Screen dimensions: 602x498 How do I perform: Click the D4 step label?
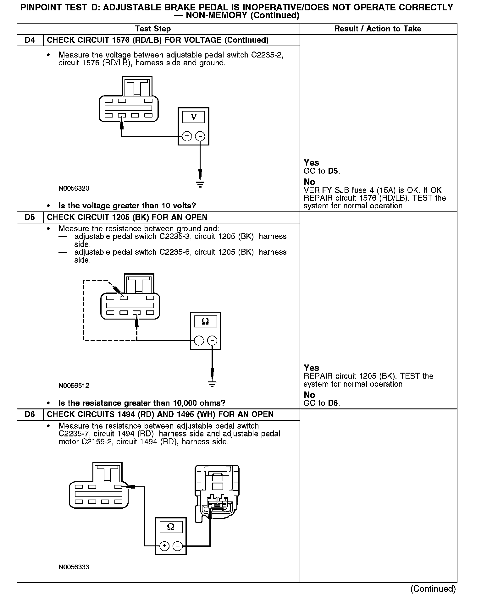[30, 40]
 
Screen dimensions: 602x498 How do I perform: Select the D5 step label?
[30, 217]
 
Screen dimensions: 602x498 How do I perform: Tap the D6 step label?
[30, 414]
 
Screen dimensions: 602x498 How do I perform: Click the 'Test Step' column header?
[153, 29]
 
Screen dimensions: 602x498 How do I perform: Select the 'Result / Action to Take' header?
[378, 29]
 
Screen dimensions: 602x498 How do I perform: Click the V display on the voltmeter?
[193, 117]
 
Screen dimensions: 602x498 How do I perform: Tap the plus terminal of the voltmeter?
[187, 136]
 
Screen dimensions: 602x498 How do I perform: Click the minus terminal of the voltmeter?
[200, 136]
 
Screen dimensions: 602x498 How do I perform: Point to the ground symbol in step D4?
[200, 184]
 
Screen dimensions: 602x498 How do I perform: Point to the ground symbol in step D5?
[212, 384]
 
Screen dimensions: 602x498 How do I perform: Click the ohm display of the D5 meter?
[205, 321]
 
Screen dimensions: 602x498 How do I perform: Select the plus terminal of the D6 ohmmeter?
[164, 546]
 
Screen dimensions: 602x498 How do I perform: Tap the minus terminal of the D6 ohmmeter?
[178, 546]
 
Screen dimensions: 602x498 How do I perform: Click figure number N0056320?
[74, 189]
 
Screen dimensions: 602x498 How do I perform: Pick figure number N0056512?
[74, 386]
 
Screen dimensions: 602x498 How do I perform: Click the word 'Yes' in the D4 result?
[311, 163]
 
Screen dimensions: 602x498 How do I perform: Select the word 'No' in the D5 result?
[309, 395]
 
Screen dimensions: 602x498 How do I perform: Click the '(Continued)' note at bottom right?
[433, 588]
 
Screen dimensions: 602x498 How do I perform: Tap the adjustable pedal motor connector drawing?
[217, 493]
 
